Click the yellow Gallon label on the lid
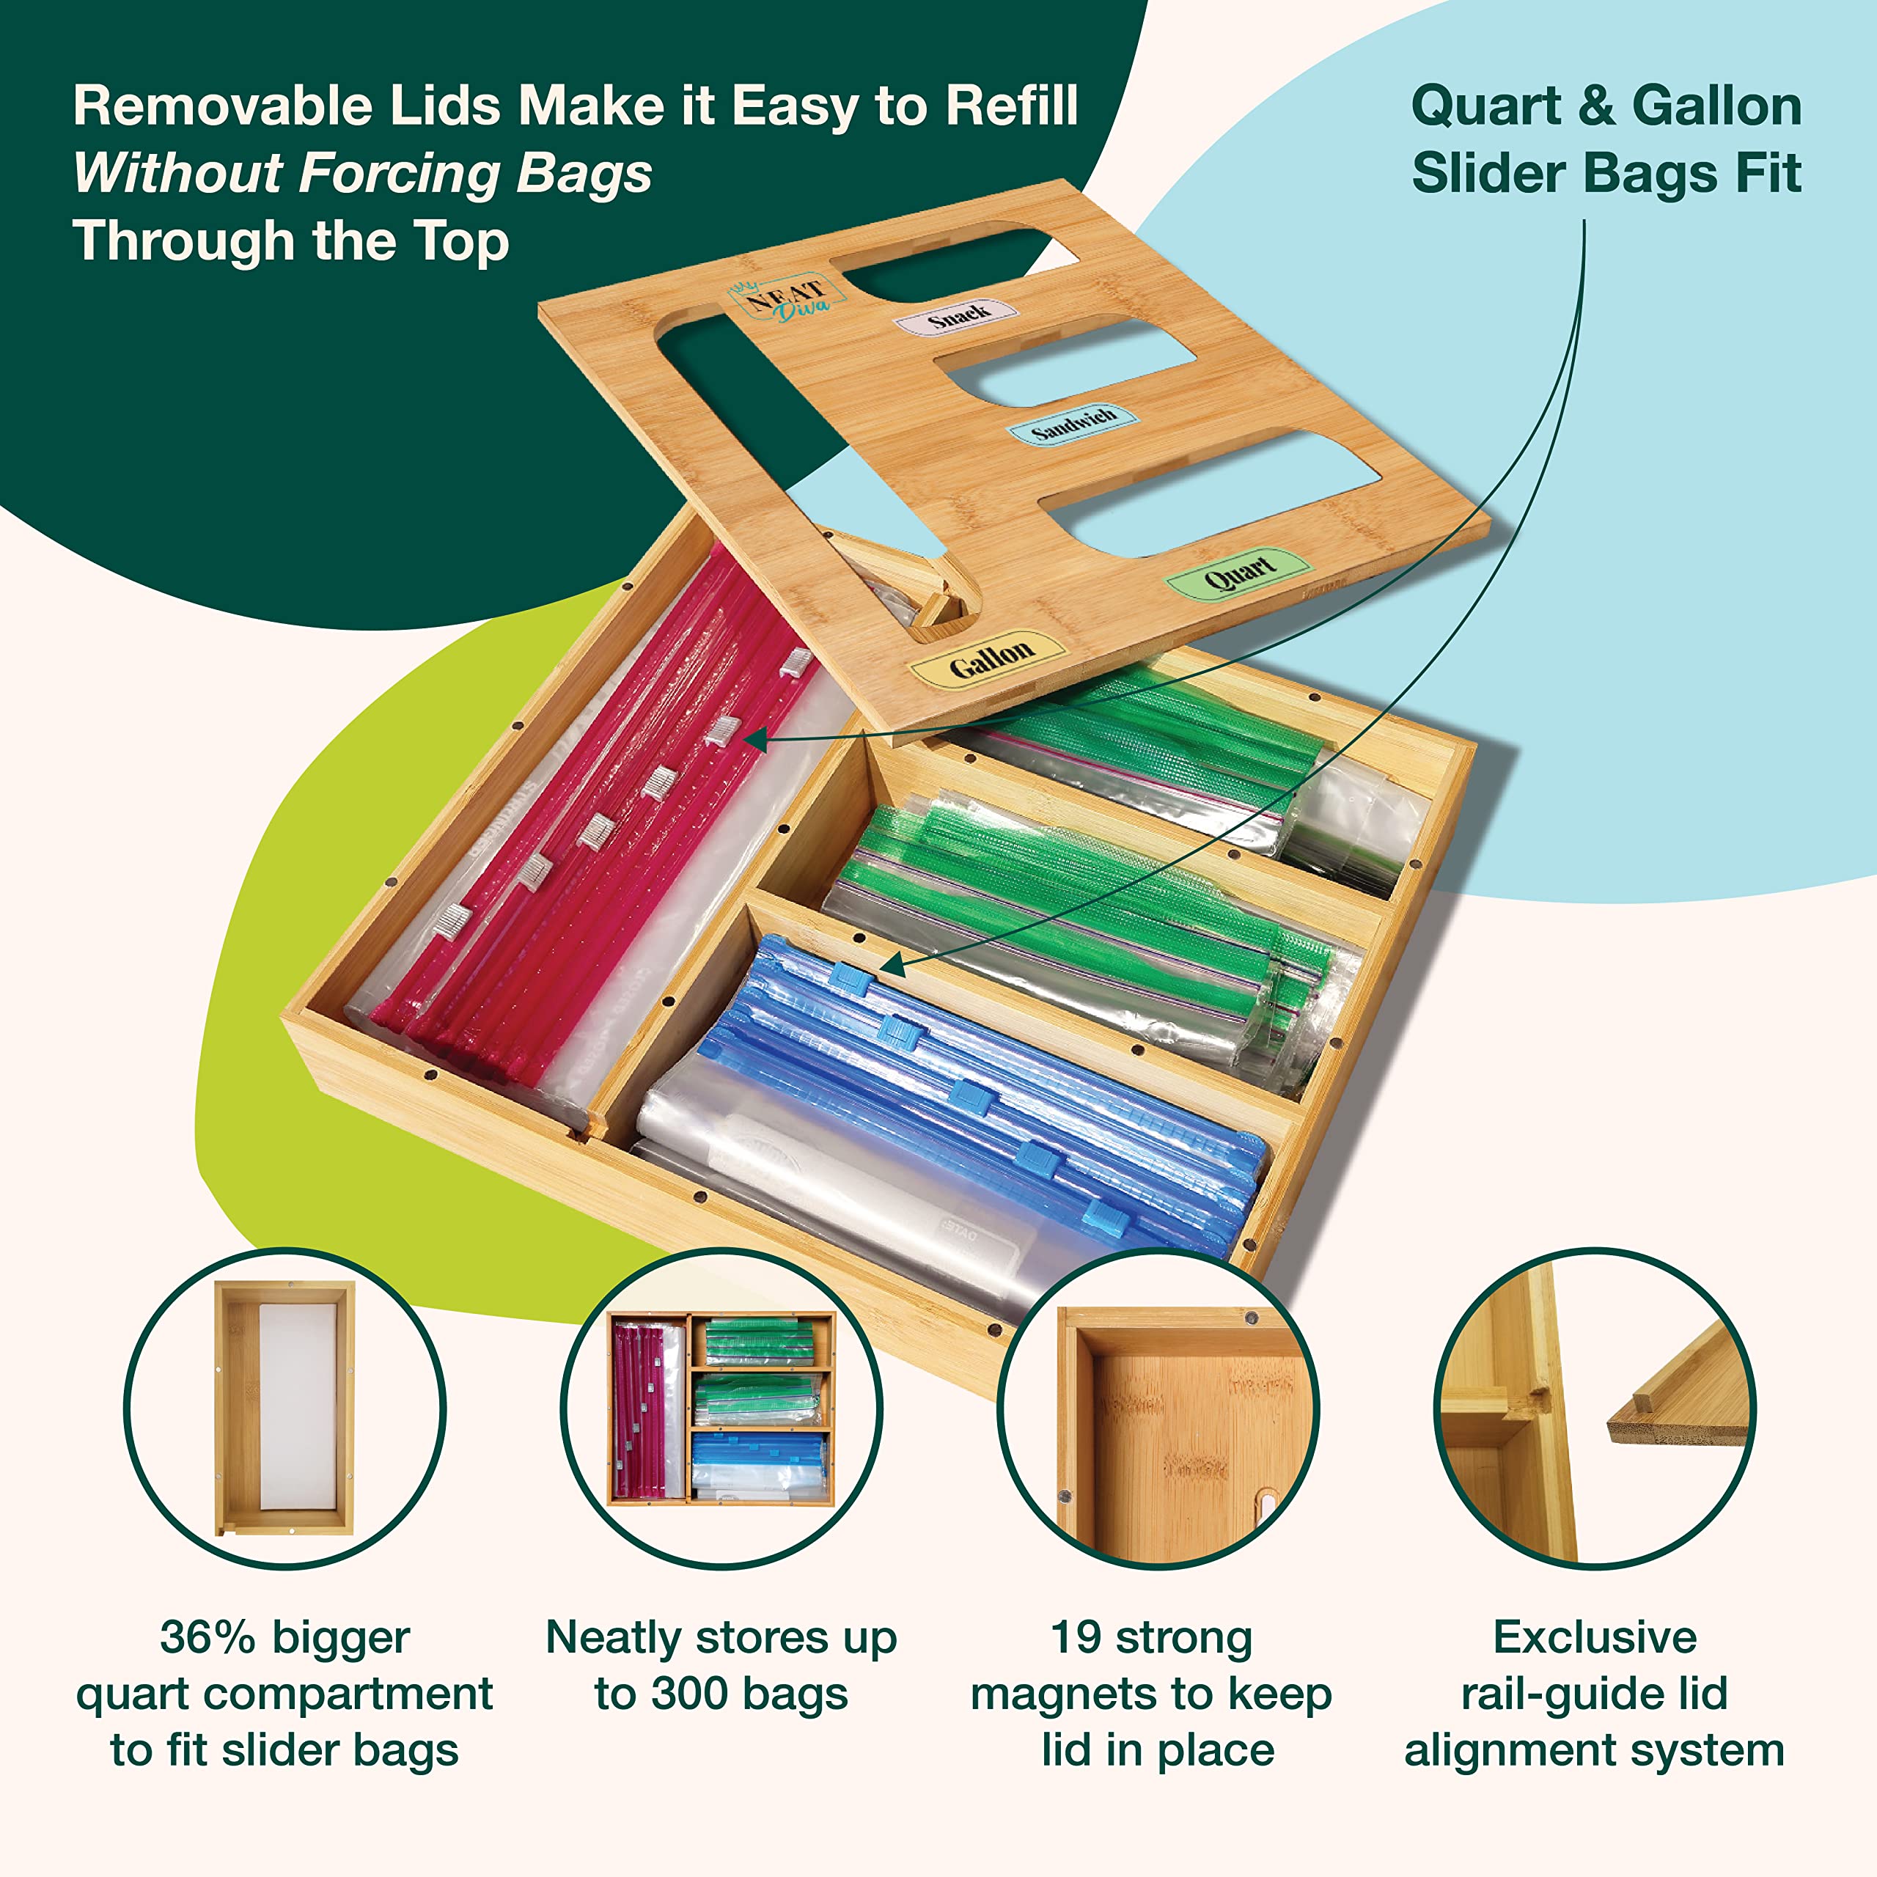click(x=987, y=660)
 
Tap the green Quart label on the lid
click(x=1238, y=574)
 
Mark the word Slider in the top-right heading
click(x=1489, y=174)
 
